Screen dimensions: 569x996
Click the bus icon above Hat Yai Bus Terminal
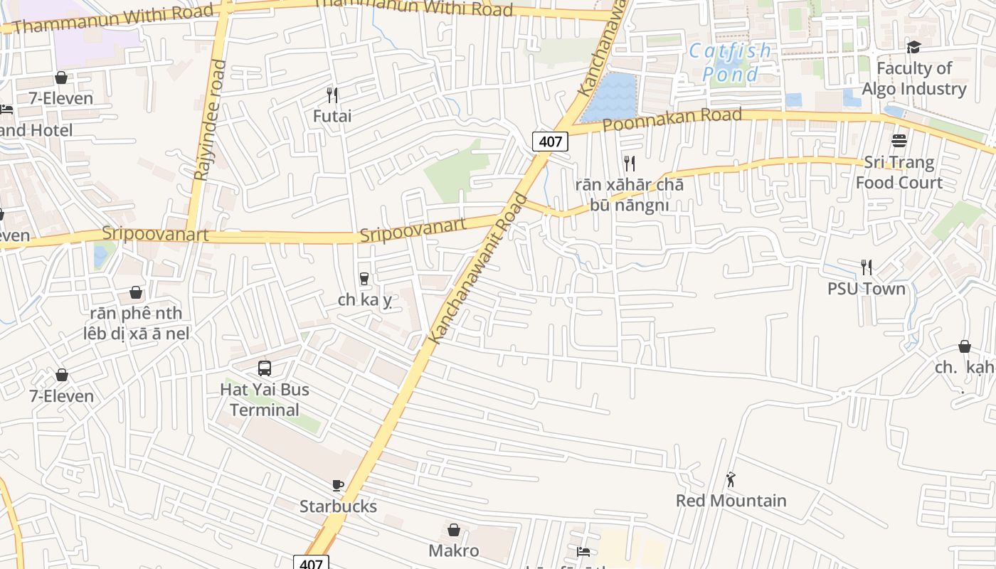point(265,368)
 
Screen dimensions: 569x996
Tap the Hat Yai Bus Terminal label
point(265,400)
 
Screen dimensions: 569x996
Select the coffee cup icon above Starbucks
point(338,486)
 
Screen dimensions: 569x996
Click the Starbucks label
point(338,506)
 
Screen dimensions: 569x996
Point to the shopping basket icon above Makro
point(454,530)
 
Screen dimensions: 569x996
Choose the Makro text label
point(454,551)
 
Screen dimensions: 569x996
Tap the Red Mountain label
point(731,501)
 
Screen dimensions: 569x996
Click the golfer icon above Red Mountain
point(731,480)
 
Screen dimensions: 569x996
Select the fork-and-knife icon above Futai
point(332,95)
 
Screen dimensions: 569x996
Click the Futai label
point(332,115)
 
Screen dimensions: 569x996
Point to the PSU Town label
point(866,289)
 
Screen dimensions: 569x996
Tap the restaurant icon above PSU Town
point(866,267)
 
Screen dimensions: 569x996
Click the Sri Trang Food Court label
point(899,173)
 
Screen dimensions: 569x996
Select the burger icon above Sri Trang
point(899,141)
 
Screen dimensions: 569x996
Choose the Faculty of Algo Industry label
point(914,78)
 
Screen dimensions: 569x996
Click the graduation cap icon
point(913,47)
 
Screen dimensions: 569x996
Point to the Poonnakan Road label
point(672,119)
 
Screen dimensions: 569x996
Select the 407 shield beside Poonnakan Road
point(551,142)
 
